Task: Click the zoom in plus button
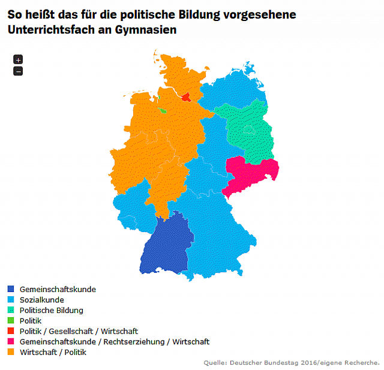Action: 18,59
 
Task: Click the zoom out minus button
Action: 18,71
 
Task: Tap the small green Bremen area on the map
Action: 163,110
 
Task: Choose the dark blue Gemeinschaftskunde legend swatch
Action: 11,290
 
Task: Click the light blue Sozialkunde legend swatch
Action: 11,300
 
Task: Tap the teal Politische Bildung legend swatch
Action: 11,311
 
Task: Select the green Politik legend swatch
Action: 11,321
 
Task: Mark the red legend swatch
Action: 11,332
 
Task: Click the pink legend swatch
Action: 11,342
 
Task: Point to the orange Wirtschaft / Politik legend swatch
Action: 11,353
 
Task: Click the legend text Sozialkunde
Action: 41,300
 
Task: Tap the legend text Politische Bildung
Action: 51,311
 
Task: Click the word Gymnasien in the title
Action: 144,29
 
